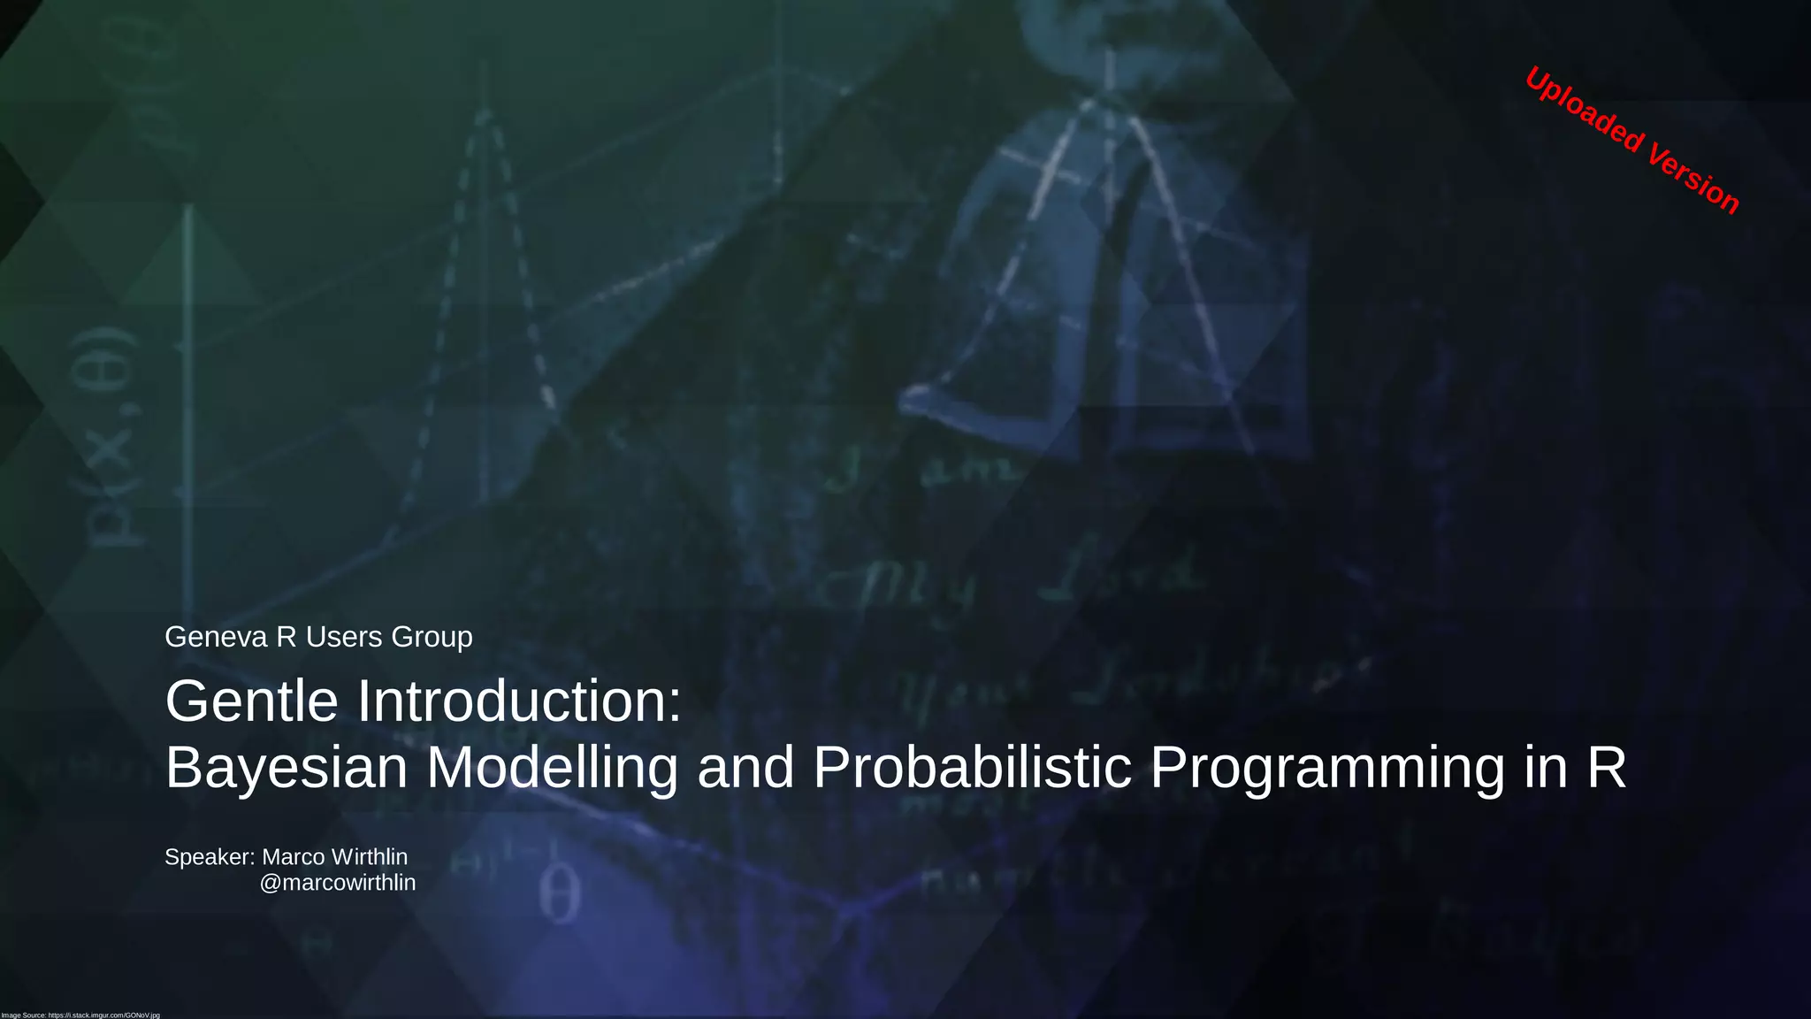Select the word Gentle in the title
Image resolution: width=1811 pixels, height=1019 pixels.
[251, 701]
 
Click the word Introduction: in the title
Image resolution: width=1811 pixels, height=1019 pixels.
[519, 701]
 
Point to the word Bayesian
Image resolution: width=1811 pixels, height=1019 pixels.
[286, 768]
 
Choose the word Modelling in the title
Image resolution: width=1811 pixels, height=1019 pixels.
[552, 768]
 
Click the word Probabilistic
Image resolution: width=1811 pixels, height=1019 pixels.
[972, 768]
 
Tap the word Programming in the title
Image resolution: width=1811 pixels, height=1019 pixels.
[1326, 768]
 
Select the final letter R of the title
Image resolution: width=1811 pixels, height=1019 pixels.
[1606, 768]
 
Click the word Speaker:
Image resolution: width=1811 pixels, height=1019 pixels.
[210, 857]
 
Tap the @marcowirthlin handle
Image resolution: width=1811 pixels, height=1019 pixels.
[337, 883]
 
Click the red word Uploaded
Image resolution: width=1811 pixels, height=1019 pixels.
[1583, 111]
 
